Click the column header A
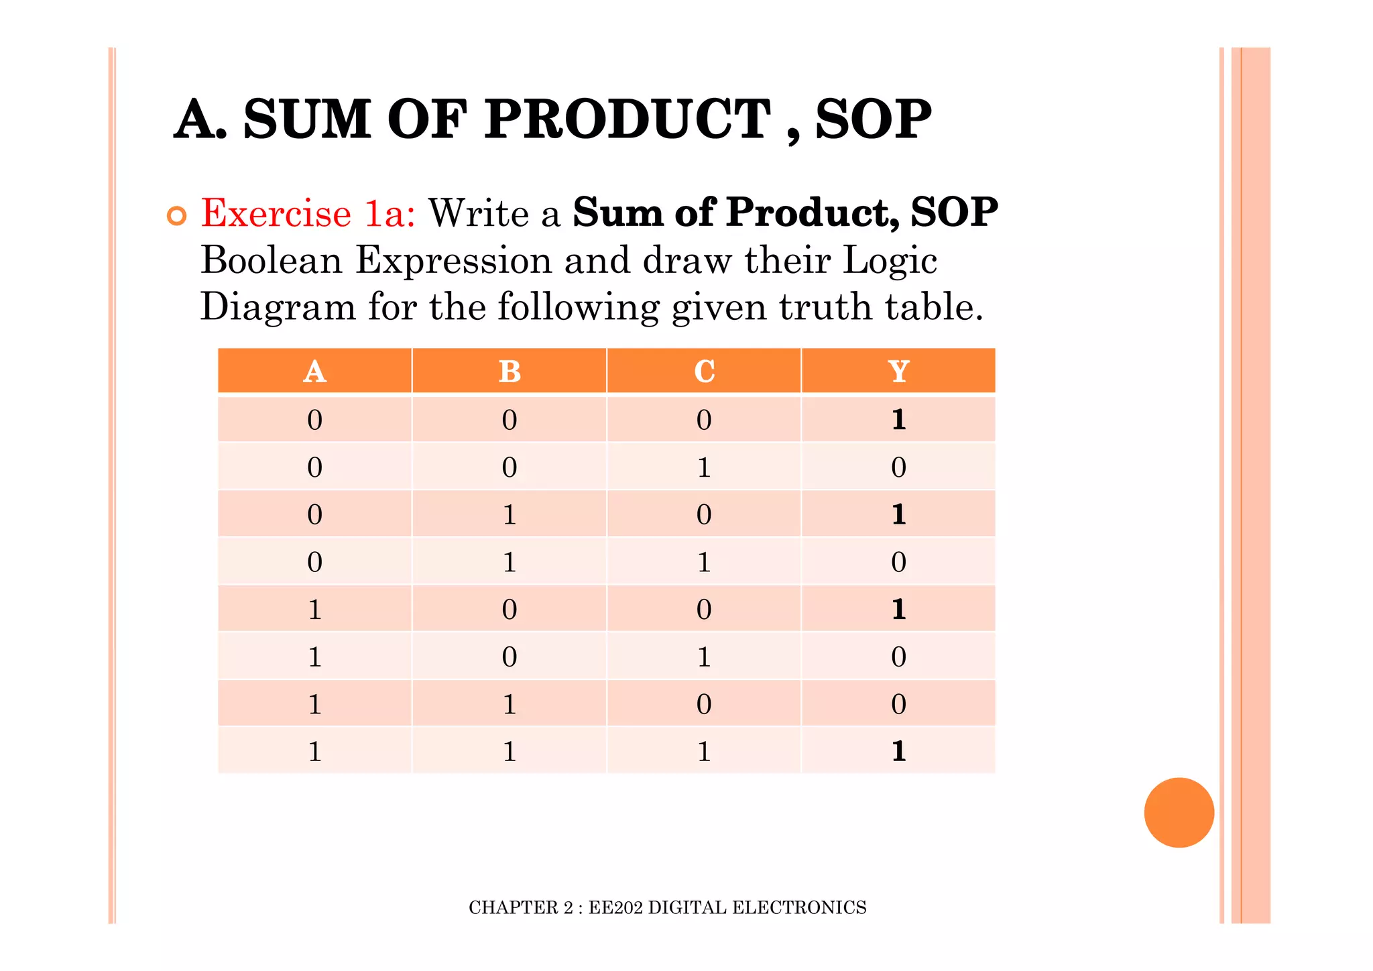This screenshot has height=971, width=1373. pos(314,371)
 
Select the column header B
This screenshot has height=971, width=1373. pos(510,371)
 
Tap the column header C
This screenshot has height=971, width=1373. pos(704,371)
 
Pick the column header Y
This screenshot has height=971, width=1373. pos(898,371)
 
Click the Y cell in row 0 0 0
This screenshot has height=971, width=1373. pos(898,420)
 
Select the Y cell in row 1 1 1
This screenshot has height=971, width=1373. pos(898,751)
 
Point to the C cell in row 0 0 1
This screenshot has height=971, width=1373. pos(704,467)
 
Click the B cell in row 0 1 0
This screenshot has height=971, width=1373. pos(510,514)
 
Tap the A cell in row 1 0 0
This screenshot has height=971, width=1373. pos(314,610)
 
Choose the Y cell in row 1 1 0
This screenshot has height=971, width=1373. pos(898,704)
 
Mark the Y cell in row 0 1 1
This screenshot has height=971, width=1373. pos(898,562)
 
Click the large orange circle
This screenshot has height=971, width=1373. pos(1179,812)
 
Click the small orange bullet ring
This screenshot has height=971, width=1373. pos(176,216)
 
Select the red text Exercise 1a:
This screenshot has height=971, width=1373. pos(308,213)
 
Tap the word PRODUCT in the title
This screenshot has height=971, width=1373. pos(627,119)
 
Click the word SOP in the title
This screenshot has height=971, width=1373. pos(873,119)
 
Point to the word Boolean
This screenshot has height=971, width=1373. pos(272,260)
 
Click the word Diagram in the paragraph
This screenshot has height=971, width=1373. pos(278,308)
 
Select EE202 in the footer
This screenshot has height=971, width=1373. pos(615,907)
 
